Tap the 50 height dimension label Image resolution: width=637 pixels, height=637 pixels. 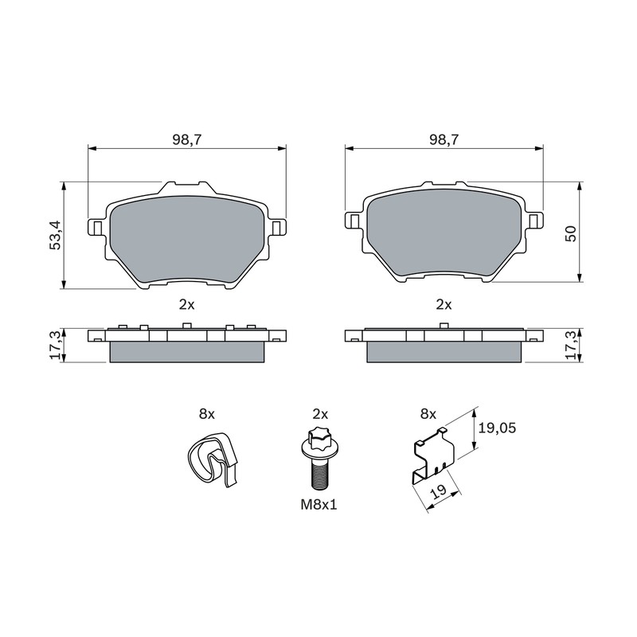tap(571, 233)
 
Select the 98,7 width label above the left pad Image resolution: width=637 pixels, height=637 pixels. tap(187, 140)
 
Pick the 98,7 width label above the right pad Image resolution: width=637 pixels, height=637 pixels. tap(444, 140)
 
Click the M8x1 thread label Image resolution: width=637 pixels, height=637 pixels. tap(319, 505)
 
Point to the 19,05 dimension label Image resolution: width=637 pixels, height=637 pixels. tap(497, 428)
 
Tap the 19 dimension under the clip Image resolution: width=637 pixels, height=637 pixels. tap(440, 491)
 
